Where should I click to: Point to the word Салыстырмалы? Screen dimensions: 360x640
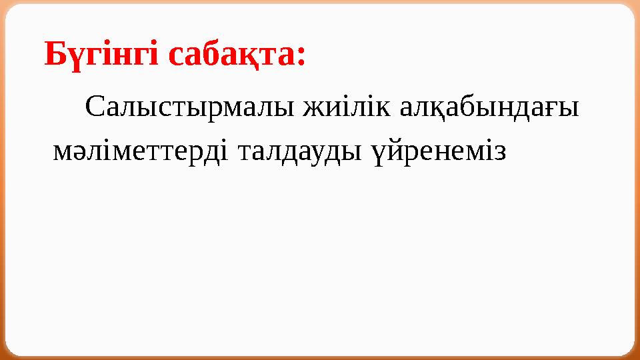pyautogui.click(x=190, y=108)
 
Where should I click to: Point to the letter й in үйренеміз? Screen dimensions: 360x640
pyautogui.click(x=393, y=153)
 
